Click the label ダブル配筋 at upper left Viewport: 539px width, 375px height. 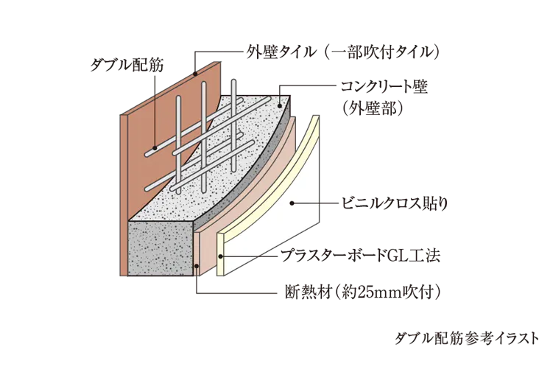click(x=127, y=65)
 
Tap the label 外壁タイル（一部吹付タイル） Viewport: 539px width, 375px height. click(x=343, y=52)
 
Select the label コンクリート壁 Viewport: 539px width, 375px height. click(x=384, y=87)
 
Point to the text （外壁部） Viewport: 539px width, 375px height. click(x=373, y=108)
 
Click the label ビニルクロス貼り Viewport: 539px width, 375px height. click(x=395, y=203)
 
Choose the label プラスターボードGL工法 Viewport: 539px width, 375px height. click(x=360, y=256)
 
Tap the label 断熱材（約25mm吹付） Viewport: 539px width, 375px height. click(x=363, y=292)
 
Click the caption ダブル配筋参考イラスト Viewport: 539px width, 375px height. click(x=467, y=339)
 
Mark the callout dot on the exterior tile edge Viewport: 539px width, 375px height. click(x=195, y=73)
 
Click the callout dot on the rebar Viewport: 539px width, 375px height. click(x=155, y=148)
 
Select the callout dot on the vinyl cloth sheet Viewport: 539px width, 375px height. click(x=292, y=203)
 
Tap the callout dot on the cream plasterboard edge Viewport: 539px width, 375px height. click(x=221, y=256)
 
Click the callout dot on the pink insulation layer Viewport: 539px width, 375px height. click(x=197, y=266)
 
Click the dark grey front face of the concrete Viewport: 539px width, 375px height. click(x=161, y=248)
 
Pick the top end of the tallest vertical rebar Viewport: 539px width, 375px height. click(x=233, y=81)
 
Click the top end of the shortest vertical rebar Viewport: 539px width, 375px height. click(x=178, y=98)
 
